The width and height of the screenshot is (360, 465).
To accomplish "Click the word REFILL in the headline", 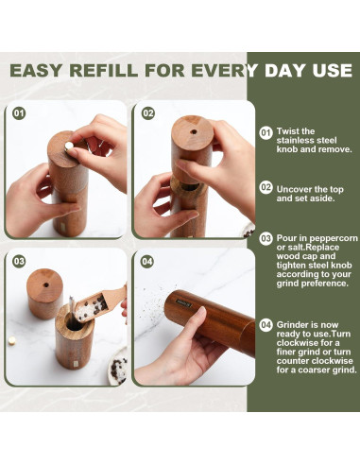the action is [103, 70].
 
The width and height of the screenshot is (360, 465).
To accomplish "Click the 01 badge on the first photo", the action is [19, 113].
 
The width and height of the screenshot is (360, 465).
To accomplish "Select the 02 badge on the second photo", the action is [147, 113].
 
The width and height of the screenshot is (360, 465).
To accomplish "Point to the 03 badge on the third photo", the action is [19, 261].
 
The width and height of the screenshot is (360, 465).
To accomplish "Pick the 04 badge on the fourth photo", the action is [147, 261].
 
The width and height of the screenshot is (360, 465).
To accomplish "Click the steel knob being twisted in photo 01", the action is [69, 146].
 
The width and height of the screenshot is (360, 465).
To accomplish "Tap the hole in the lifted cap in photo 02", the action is [194, 131].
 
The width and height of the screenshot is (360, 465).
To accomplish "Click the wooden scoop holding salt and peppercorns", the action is [99, 303].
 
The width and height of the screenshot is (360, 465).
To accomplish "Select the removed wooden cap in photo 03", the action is [44, 293].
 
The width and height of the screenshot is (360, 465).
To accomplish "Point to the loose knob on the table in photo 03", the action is [12, 340].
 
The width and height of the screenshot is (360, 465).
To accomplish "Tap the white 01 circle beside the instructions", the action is [266, 132].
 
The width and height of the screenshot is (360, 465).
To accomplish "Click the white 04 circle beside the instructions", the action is [266, 325].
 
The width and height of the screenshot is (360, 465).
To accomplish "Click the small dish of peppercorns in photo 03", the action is [118, 367].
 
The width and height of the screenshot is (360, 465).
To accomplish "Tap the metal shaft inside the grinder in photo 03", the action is [71, 310].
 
